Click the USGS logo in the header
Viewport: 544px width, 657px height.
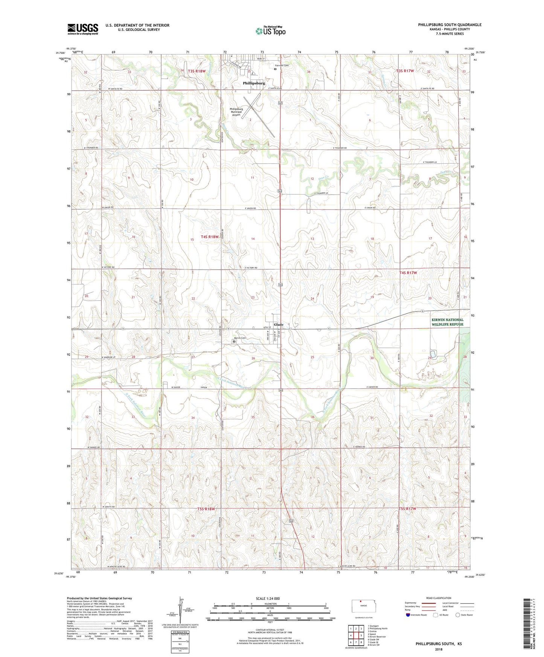(x=82, y=29)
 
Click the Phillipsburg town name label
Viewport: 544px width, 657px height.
(x=254, y=83)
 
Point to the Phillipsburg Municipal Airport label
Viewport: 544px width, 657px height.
(x=236, y=112)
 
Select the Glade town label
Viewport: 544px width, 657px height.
(x=279, y=324)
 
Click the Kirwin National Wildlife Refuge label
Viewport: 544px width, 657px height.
(x=447, y=322)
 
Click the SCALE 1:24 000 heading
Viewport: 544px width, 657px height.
(x=270, y=598)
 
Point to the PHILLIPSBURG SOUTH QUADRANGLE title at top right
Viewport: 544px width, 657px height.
(x=450, y=25)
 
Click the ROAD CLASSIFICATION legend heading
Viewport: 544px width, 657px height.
(x=439, y=598)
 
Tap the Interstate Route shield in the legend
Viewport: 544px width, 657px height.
(x=408, y=615)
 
